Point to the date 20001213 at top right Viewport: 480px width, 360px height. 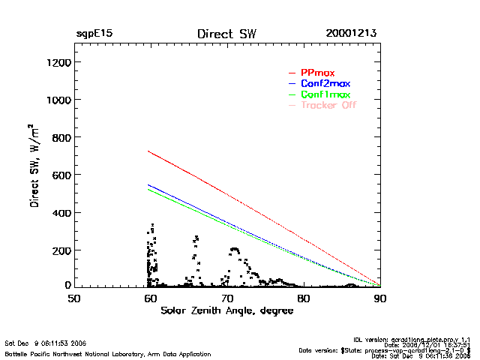click(351, 34)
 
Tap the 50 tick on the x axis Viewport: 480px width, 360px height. click(74, 298)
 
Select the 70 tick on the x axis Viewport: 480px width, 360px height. click(227, 298)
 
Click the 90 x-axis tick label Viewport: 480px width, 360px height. click(380, 298)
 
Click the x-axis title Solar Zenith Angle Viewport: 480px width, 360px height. click(226, 310)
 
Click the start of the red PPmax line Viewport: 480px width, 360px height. click(149, 151)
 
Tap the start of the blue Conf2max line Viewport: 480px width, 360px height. click(149, 184)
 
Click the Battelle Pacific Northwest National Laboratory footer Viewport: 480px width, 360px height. click(108, 353)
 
